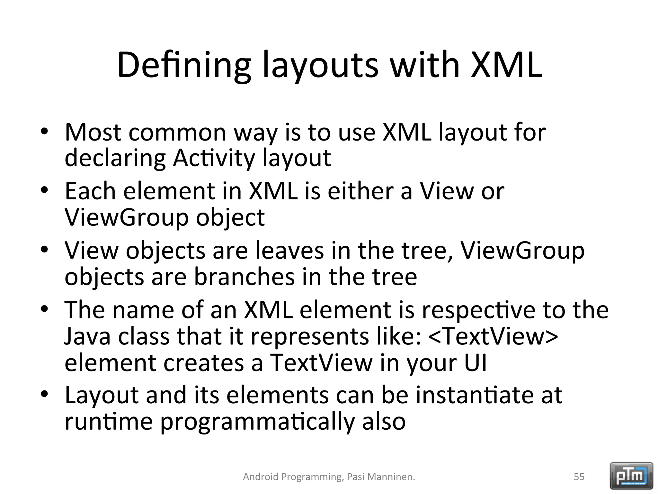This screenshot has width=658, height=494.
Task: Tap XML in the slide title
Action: pyautogui.click(x=507, y=65)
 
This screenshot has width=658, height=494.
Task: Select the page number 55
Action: pyautogui.click(x=579, y=477)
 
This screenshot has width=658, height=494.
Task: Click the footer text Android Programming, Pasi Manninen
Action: pyautogui.click(x=329, y=477)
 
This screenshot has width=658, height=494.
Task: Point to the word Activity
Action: pyautogui.click(x=214, y=158)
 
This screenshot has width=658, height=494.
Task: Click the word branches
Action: pyautogui.click(x=244, y=277)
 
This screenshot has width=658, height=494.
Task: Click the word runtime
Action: pyautogui.click(x=109, y=422)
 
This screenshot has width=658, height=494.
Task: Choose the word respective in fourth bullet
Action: pyautogui.click(x=478, y=310)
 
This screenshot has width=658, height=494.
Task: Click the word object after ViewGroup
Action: pyautogui.click(x=230, y=218)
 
